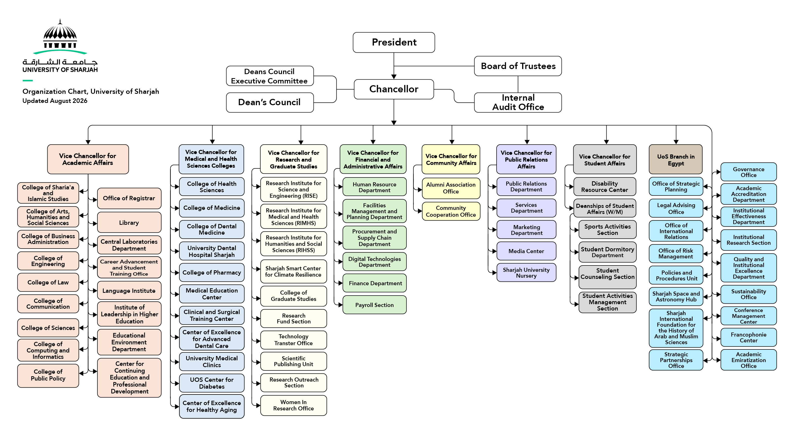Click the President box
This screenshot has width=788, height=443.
[394, 42]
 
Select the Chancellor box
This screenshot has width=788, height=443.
[394, 89]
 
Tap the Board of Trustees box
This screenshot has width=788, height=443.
[518, 66]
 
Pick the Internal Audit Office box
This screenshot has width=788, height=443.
[518, 102]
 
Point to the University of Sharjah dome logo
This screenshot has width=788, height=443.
[60, 36]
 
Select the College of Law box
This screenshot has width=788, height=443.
[48, 282]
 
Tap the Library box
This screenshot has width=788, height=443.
[129, 223]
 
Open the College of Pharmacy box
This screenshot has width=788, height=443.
[212, 272]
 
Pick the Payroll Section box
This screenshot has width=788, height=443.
[374, 305]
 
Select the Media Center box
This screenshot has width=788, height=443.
[526, 251]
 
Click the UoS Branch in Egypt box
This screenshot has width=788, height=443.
[676, 159]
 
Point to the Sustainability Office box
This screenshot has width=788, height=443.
[749, 294]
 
